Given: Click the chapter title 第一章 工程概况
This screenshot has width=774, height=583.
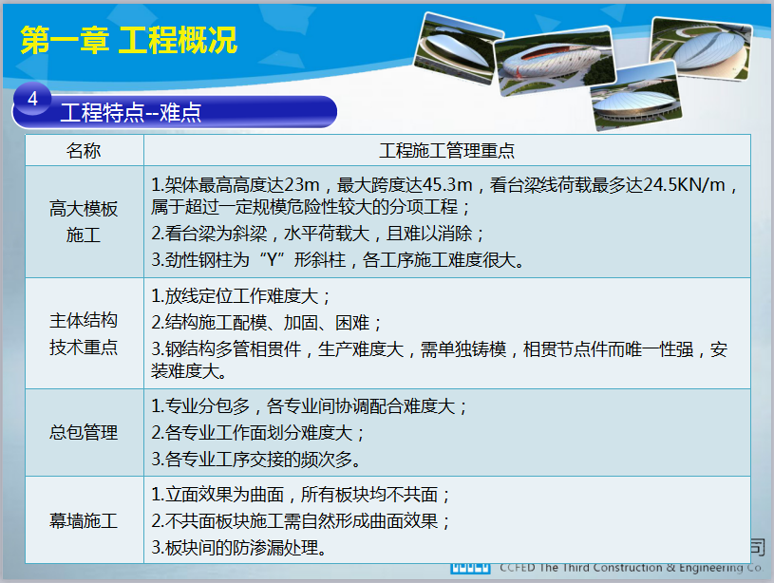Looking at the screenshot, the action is point(129,40).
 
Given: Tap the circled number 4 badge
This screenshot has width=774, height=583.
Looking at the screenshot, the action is point(32,99).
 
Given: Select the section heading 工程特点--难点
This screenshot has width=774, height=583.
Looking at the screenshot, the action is point(131,112).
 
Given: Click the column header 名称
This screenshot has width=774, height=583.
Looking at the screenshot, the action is point(84,151).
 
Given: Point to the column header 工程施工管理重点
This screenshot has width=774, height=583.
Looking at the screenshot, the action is point(446,151).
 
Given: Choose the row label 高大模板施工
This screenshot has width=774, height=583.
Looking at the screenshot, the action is point(84,221).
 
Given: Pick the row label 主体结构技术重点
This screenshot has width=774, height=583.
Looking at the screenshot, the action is point(84,333).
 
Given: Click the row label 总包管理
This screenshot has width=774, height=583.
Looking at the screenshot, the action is point(84,432).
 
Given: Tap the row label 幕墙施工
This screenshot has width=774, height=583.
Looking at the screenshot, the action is point(84,520).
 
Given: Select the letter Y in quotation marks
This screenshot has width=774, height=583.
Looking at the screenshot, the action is point(272,259).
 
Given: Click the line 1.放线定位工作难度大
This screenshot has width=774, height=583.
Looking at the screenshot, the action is point(240,296).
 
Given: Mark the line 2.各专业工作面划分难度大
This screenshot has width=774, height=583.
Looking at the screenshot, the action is point(257,433).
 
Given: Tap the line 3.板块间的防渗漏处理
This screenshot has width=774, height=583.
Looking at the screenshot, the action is point(238,548).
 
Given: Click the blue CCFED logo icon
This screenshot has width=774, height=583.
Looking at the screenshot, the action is point(470,568).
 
